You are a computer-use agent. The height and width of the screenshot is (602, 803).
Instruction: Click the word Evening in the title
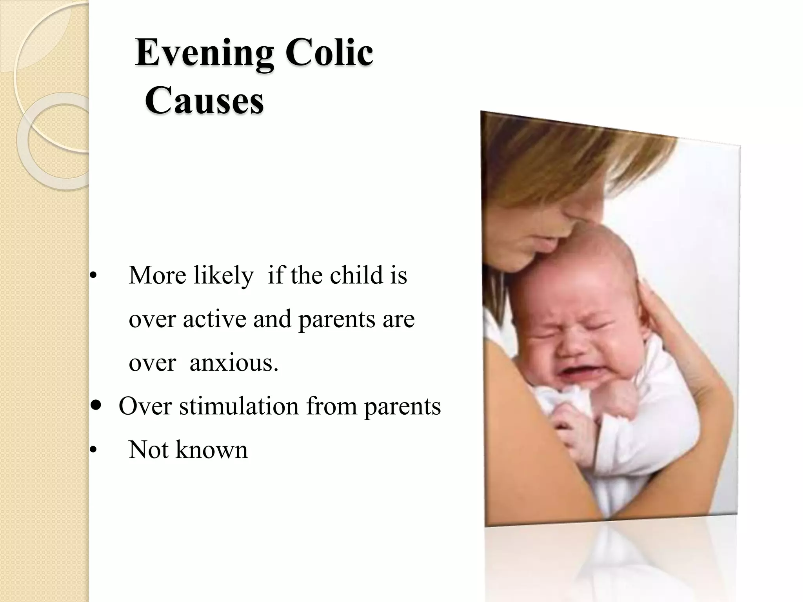click(x=204, y=54)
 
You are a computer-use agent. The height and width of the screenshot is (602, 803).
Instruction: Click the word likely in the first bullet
click(x=223, y=276)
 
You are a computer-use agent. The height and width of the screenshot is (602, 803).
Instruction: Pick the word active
click(x=215, y=319)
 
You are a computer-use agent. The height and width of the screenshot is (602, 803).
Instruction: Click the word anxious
click(x=234, y=363)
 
